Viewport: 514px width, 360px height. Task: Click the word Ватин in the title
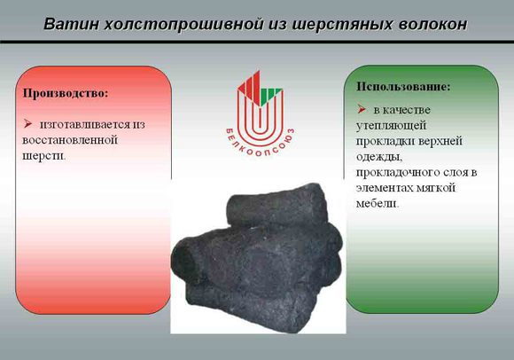click(x=71, y=24)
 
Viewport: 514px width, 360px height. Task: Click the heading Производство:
click(x=66, y=93)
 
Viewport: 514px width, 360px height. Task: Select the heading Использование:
click(x=403, y=86)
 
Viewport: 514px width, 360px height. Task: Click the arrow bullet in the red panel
click(x=27, y=124)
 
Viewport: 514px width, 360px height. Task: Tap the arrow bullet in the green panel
click(x=362, y=109)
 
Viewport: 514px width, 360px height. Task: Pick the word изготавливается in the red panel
click(x=85, y=125)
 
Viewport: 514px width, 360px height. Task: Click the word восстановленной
click(x=70, y=140)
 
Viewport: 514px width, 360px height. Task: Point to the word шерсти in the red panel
click(x=43, y=156)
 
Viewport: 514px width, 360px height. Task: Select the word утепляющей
click(x=391, y=126)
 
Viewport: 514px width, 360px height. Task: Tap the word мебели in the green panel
click(x=377, y=204)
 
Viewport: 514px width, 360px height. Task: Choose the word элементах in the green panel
click(x=385, y=188)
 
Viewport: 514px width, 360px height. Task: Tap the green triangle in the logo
click(x=271, y=95)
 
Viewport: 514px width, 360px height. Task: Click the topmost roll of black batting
click(x=277, y=206)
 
